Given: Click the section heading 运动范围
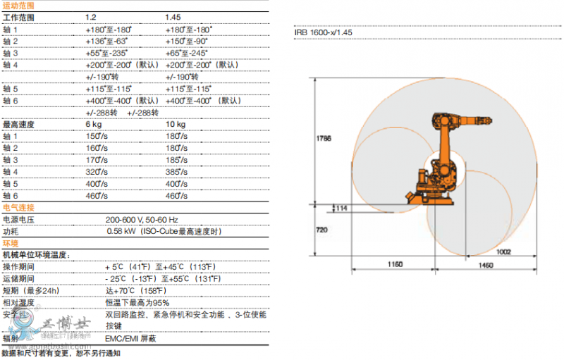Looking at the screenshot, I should (x=17, y=5).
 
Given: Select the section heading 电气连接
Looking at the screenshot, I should (x=17, y=208).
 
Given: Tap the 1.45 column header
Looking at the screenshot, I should (x=173, y=17).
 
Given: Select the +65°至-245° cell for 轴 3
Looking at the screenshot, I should (x=188, y=53).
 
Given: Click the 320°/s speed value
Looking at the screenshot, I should (x=97, y=172).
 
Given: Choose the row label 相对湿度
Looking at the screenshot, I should (x=17, y=302).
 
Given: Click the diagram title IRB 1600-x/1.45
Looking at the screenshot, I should (x=323, y=32).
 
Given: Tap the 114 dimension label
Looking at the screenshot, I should (x=341, y=208).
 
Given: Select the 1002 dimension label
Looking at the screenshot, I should (x=502, y=251).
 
